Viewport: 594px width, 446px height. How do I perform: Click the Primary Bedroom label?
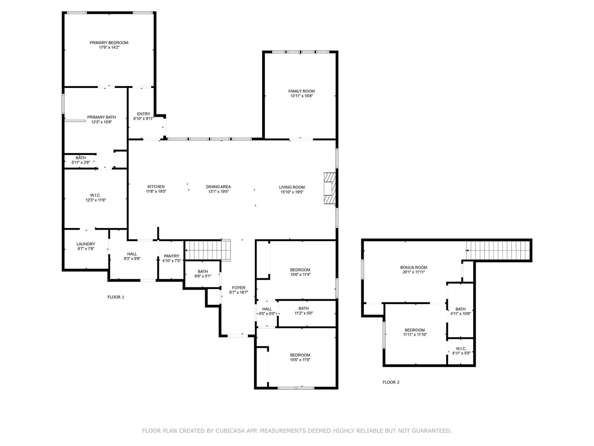tap(109, 43)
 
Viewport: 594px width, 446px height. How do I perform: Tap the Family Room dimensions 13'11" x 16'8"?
tap(302, 96)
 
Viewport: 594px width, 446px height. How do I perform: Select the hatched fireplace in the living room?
tap(330, 188)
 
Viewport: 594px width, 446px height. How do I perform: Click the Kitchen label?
tap(156, 187)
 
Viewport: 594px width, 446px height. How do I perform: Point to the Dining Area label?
tap(218, 187)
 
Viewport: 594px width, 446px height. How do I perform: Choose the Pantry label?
tap(172, 256)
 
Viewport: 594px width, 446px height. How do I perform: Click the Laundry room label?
tap(86, 244)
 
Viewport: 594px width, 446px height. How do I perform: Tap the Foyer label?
tap(239, 287)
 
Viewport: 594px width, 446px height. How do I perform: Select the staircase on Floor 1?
tap(207, 250)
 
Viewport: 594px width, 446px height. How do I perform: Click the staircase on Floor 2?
tap(497, 250)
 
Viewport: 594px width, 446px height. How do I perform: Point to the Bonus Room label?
tap(414, 267)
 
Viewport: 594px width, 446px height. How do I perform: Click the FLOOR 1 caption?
tap(116, 297)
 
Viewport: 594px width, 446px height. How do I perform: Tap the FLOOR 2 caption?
tap(391, 382)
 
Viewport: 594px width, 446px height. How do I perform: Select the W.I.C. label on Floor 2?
tap(461, 349)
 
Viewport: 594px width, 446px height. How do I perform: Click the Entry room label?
tap(144, 114)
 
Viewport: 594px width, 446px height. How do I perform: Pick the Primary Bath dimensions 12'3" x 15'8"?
tap(101, 122)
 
